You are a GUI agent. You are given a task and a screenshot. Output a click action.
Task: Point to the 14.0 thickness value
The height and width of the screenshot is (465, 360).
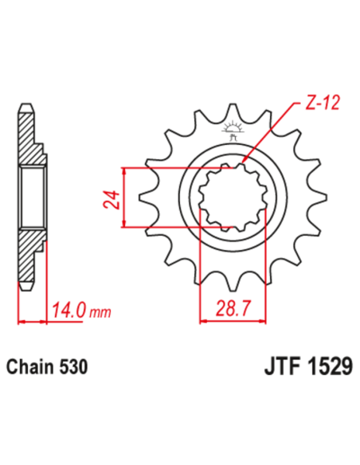click(68, 307)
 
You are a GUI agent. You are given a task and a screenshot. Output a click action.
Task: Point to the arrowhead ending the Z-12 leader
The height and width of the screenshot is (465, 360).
click(240, 166)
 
